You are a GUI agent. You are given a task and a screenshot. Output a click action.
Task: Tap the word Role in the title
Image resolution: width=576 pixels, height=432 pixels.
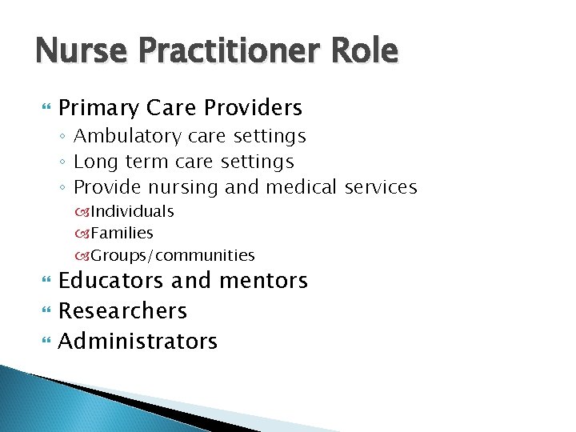coord(367,51)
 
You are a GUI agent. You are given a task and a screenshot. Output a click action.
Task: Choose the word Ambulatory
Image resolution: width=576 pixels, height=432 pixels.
coord(122,137)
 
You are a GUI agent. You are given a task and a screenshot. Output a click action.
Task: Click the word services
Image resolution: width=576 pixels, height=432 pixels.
coord(381,187)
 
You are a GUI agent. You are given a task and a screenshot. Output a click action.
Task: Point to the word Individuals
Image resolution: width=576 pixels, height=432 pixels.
coord(132,211)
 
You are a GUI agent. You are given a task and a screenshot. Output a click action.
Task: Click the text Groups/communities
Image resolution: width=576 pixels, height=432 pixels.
coord(172,256)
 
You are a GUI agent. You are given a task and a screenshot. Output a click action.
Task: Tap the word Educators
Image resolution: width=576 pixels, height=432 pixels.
coord(110,281)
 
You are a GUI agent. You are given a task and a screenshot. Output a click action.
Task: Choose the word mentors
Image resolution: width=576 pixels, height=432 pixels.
coord(264,281)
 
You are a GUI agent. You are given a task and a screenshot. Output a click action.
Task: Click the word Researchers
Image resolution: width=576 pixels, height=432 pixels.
coord(122,310)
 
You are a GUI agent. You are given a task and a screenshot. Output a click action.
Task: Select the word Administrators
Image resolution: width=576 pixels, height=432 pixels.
coord(138,342)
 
